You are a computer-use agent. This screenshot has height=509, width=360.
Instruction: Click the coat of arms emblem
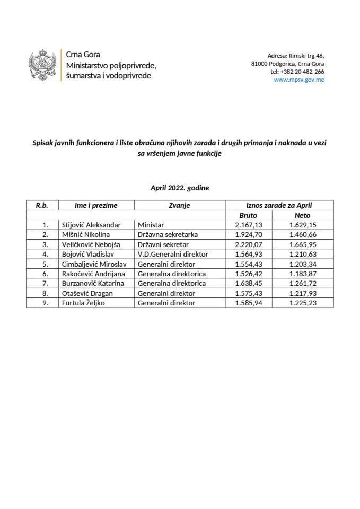pyautogui.click(x=42, y=66)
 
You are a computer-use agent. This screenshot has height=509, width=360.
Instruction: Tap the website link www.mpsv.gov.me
pyautogui.click(x=299, y=80)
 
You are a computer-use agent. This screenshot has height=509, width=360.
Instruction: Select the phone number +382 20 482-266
pyautogui.click(x=297, y=72)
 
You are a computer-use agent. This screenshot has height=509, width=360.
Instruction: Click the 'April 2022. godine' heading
pyautogui.click(x=180, y=187)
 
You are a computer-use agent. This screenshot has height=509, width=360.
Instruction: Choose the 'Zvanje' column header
pyautogui.click(x=180, y=205)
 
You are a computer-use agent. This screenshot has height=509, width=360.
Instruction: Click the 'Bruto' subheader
pyautogui.click(x=248, y=215)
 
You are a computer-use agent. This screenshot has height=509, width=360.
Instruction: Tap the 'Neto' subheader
pyautogui.click(x=302, y=215)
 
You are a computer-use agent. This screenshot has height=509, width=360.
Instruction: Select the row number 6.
pyautogui.click(x=45, y=274)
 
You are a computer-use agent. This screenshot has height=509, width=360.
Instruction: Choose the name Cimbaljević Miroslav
pyautogui.click(x=93, y=264)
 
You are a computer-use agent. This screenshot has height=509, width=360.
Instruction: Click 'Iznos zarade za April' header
pyautogui.click(x=279, y=205)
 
